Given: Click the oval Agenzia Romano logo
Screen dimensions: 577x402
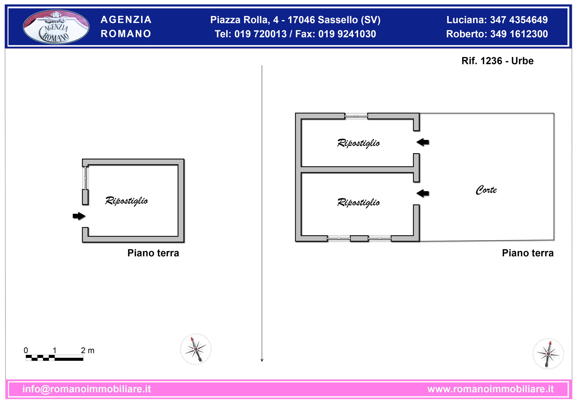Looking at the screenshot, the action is (x=56, y=27).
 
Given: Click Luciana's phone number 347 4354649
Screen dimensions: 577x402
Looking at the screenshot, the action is (x=519, y=20).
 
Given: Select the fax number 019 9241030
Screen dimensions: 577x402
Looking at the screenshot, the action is (x=347, y=34).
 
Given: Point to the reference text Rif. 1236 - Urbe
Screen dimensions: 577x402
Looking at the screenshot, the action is (x=497, y=61).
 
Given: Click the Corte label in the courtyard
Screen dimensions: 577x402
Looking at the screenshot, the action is (x=486, y=190).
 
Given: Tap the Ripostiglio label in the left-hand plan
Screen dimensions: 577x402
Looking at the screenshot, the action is (x=126, y=201).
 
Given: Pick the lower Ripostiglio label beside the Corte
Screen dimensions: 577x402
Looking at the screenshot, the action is (x=358, y=203).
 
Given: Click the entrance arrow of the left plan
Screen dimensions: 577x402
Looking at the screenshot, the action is (x=79, y=216).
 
